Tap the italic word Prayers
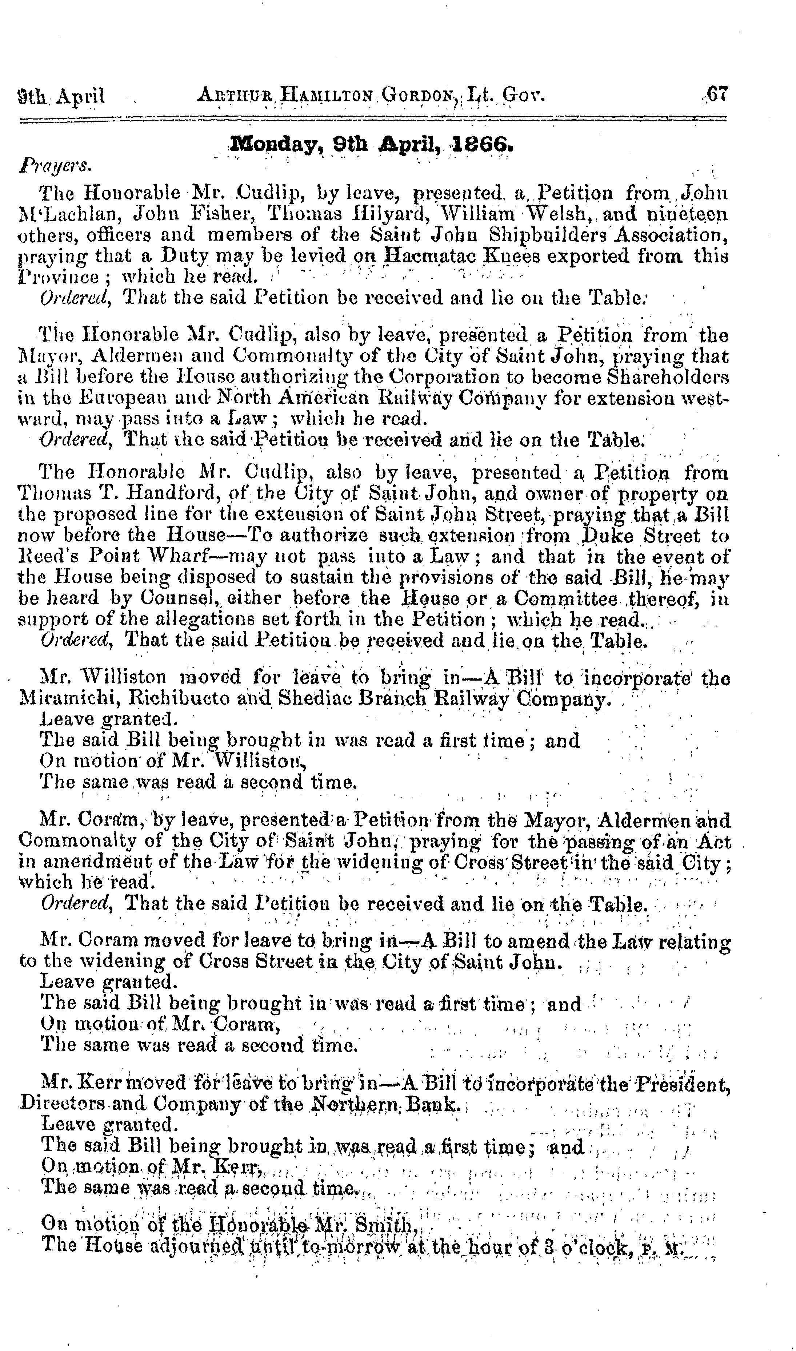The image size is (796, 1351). [55, 165]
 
